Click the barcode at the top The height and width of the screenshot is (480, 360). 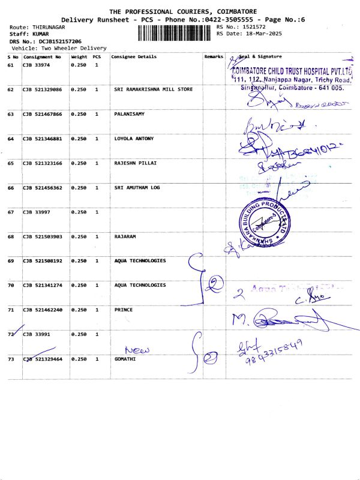click(x=175, y=33)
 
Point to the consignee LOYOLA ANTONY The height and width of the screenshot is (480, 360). click(x=134, y=139)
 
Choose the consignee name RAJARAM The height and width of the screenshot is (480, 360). click(x=125, y=236)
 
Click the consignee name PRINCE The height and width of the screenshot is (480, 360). click(x=124, y=310)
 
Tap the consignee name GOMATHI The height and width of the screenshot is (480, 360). click(x=125, y=359)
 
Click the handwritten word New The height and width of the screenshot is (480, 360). click(x=136, y=350)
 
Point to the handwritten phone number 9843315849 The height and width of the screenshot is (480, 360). click(x=273, y=354)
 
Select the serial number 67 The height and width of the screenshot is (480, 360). click(x=11, y=212)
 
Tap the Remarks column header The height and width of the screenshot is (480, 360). click(x=214, y=56)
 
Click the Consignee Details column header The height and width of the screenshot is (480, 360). click(x=134, y=56)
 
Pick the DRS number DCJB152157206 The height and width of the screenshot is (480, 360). click(x=60, y=41)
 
